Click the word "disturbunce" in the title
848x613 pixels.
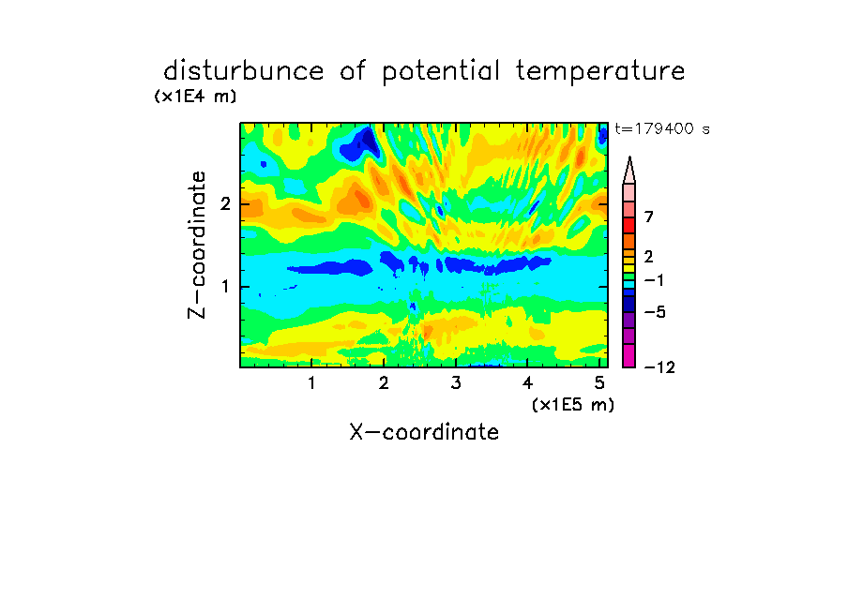[244, 71]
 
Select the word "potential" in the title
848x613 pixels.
[441, 72]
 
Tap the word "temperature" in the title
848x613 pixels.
[600, 72]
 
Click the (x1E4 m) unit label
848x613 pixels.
[195, 97]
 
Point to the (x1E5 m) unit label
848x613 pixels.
[573, 405]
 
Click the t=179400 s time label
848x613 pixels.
[662, 128]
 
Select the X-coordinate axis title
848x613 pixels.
[424, 432]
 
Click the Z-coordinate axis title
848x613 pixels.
[197, 245]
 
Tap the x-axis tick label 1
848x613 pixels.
[311, 383]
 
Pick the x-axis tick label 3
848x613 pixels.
[456, 383]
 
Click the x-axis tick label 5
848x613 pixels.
[599, 383]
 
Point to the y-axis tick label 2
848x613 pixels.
[225, 204]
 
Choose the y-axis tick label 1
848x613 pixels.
[225, 287]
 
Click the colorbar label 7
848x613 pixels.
[649, 217]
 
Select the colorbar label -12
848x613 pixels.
[659, 367]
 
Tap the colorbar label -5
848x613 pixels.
[655, 312]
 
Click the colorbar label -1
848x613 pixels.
[654, 280]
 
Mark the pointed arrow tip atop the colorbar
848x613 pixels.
[629, 157]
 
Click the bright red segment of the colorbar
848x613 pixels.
[629, 225]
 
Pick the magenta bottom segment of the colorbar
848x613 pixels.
[629, 356]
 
